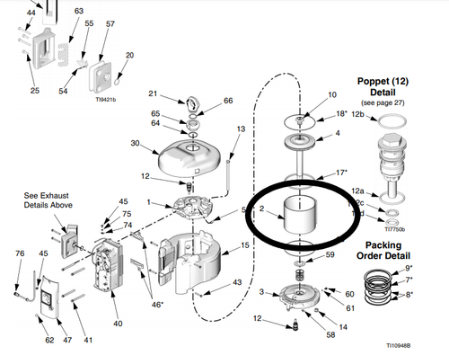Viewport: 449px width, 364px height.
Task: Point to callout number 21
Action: coord(153,94)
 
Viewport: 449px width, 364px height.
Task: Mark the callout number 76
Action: coord(20,254)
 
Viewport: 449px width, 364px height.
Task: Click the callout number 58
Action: coord(330,335)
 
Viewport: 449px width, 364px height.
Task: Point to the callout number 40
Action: coord(118,324)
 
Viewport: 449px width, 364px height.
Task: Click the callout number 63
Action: coord(79,12)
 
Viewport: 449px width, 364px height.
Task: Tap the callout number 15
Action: coord(245,245)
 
